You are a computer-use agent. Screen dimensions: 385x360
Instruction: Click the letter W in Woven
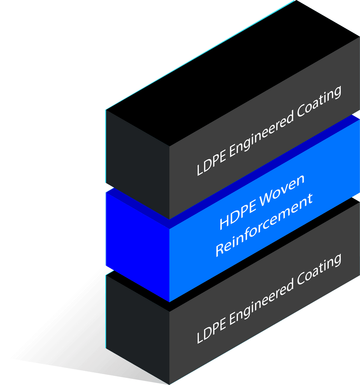pyautogui.click(x=267, y=199)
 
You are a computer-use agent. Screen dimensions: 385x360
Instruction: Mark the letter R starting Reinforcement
pyautogui.click(x=220, y=250)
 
